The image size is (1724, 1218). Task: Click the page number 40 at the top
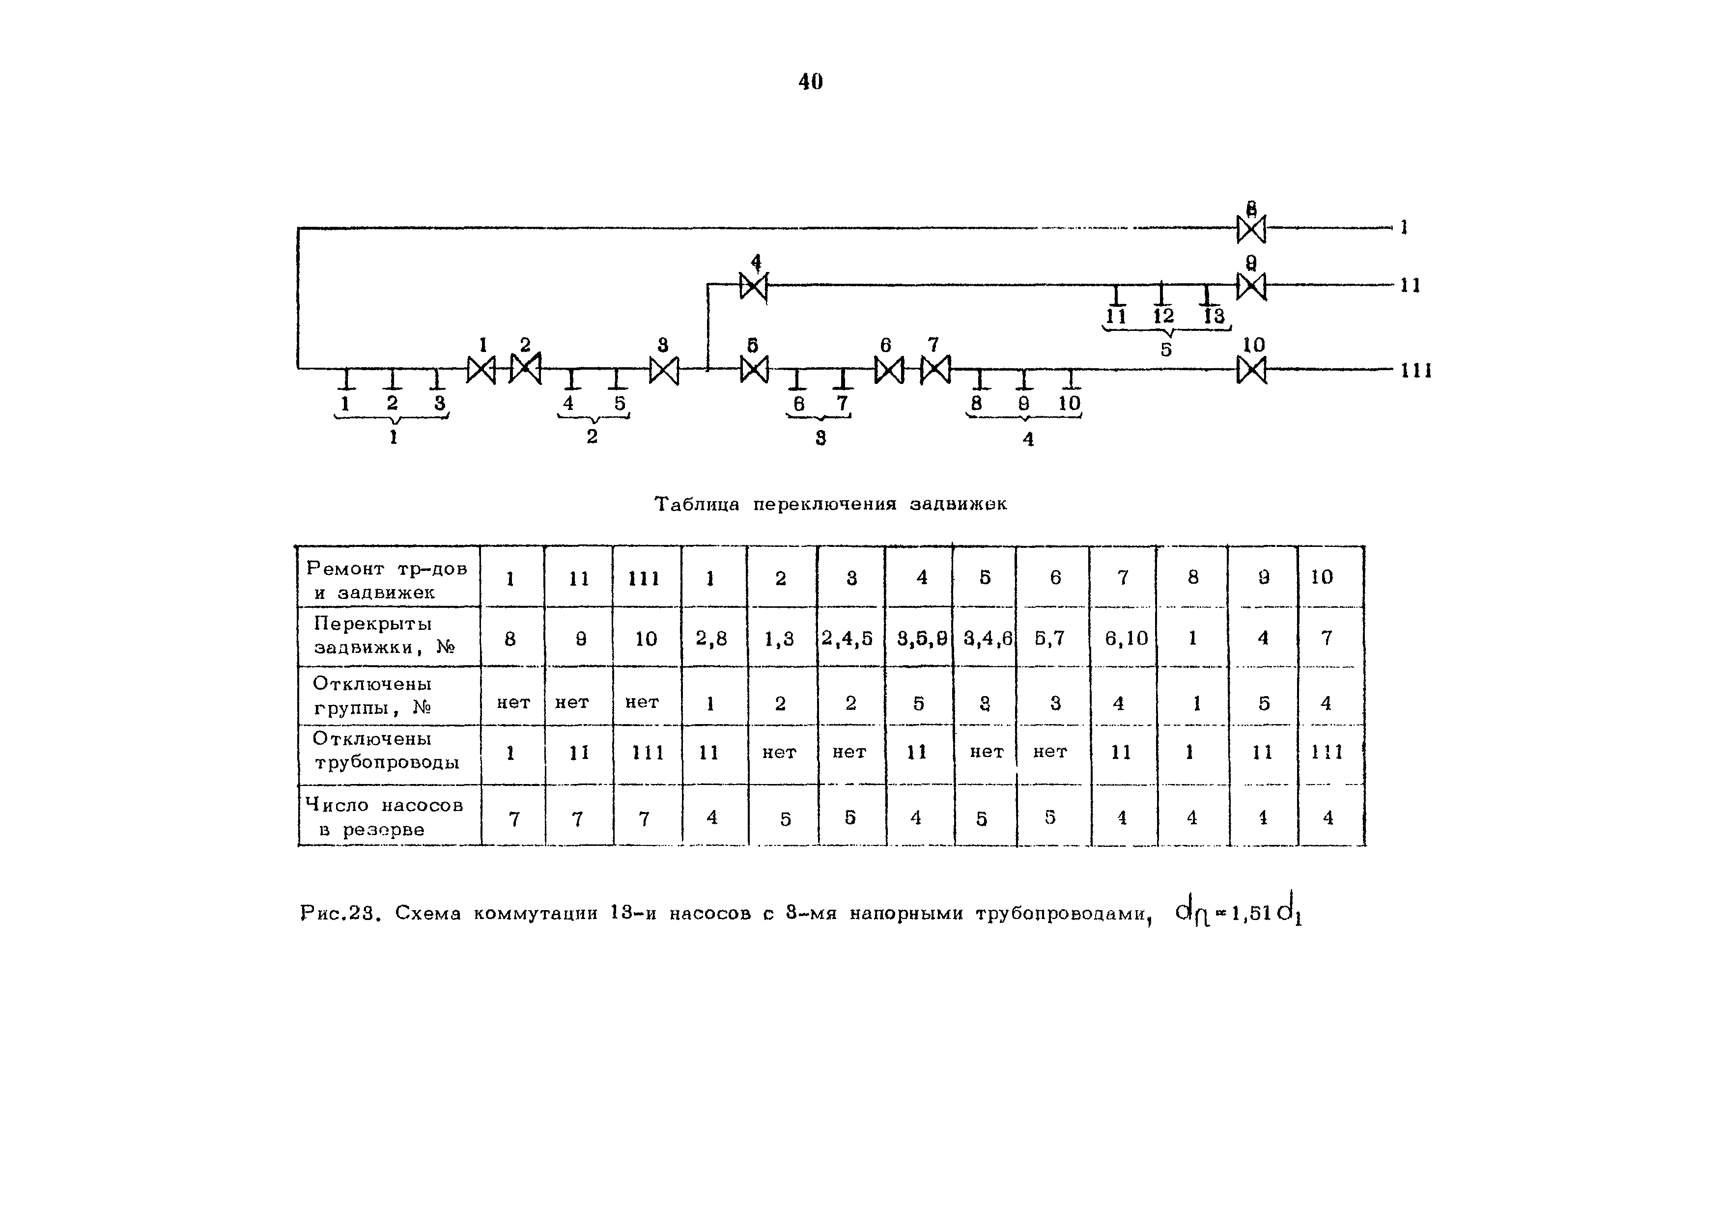click(x=810, y=81)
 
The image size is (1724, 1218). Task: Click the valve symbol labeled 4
click(x=753, y=286)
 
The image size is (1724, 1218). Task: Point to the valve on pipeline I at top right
click(x=1251, y=229)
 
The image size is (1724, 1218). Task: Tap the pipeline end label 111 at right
click(x=1416, y=371)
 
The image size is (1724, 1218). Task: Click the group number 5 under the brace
click(x=1165, y=350)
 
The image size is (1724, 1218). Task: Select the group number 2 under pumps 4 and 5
click(x=593, y=436)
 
